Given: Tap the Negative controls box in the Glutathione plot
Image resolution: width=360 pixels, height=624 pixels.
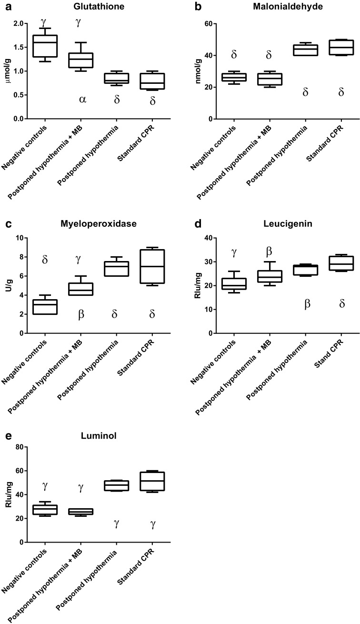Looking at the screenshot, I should pyautogui.click(x=44, y=46).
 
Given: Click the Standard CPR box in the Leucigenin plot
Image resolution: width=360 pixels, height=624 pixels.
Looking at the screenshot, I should pyautogui.click(x=341, y=263).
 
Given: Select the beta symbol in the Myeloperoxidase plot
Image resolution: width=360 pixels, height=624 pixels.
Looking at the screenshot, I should pyautogui.click(x=81, y=314).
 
